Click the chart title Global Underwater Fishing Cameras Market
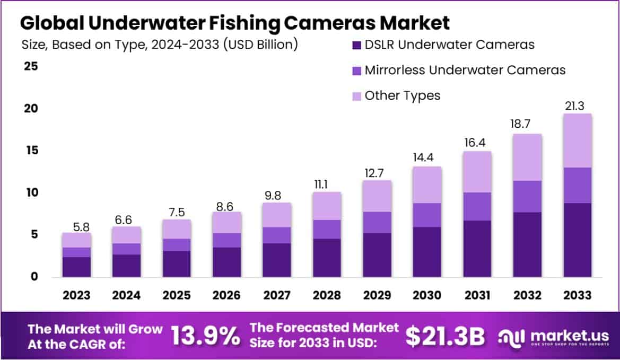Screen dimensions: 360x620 click(x=235, y=23)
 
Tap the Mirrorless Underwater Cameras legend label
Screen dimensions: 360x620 click(x=465, y=70)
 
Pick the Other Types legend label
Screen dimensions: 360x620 click(x=403, y=95)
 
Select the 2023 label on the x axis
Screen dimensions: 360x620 click(x=76, y=295)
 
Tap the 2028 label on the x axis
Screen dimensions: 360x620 click(x=327, y=295)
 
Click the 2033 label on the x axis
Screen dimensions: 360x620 click(x=578, y=295)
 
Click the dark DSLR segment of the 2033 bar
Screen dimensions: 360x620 click(x=578, y=240)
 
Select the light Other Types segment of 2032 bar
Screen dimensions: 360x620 click(x=527, y=157)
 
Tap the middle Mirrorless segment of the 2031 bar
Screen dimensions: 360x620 click(x=477, y=206)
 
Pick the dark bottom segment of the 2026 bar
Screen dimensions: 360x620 click(x=227, y=262)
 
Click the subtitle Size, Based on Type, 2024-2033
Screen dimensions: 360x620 click(x=160, y=45)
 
